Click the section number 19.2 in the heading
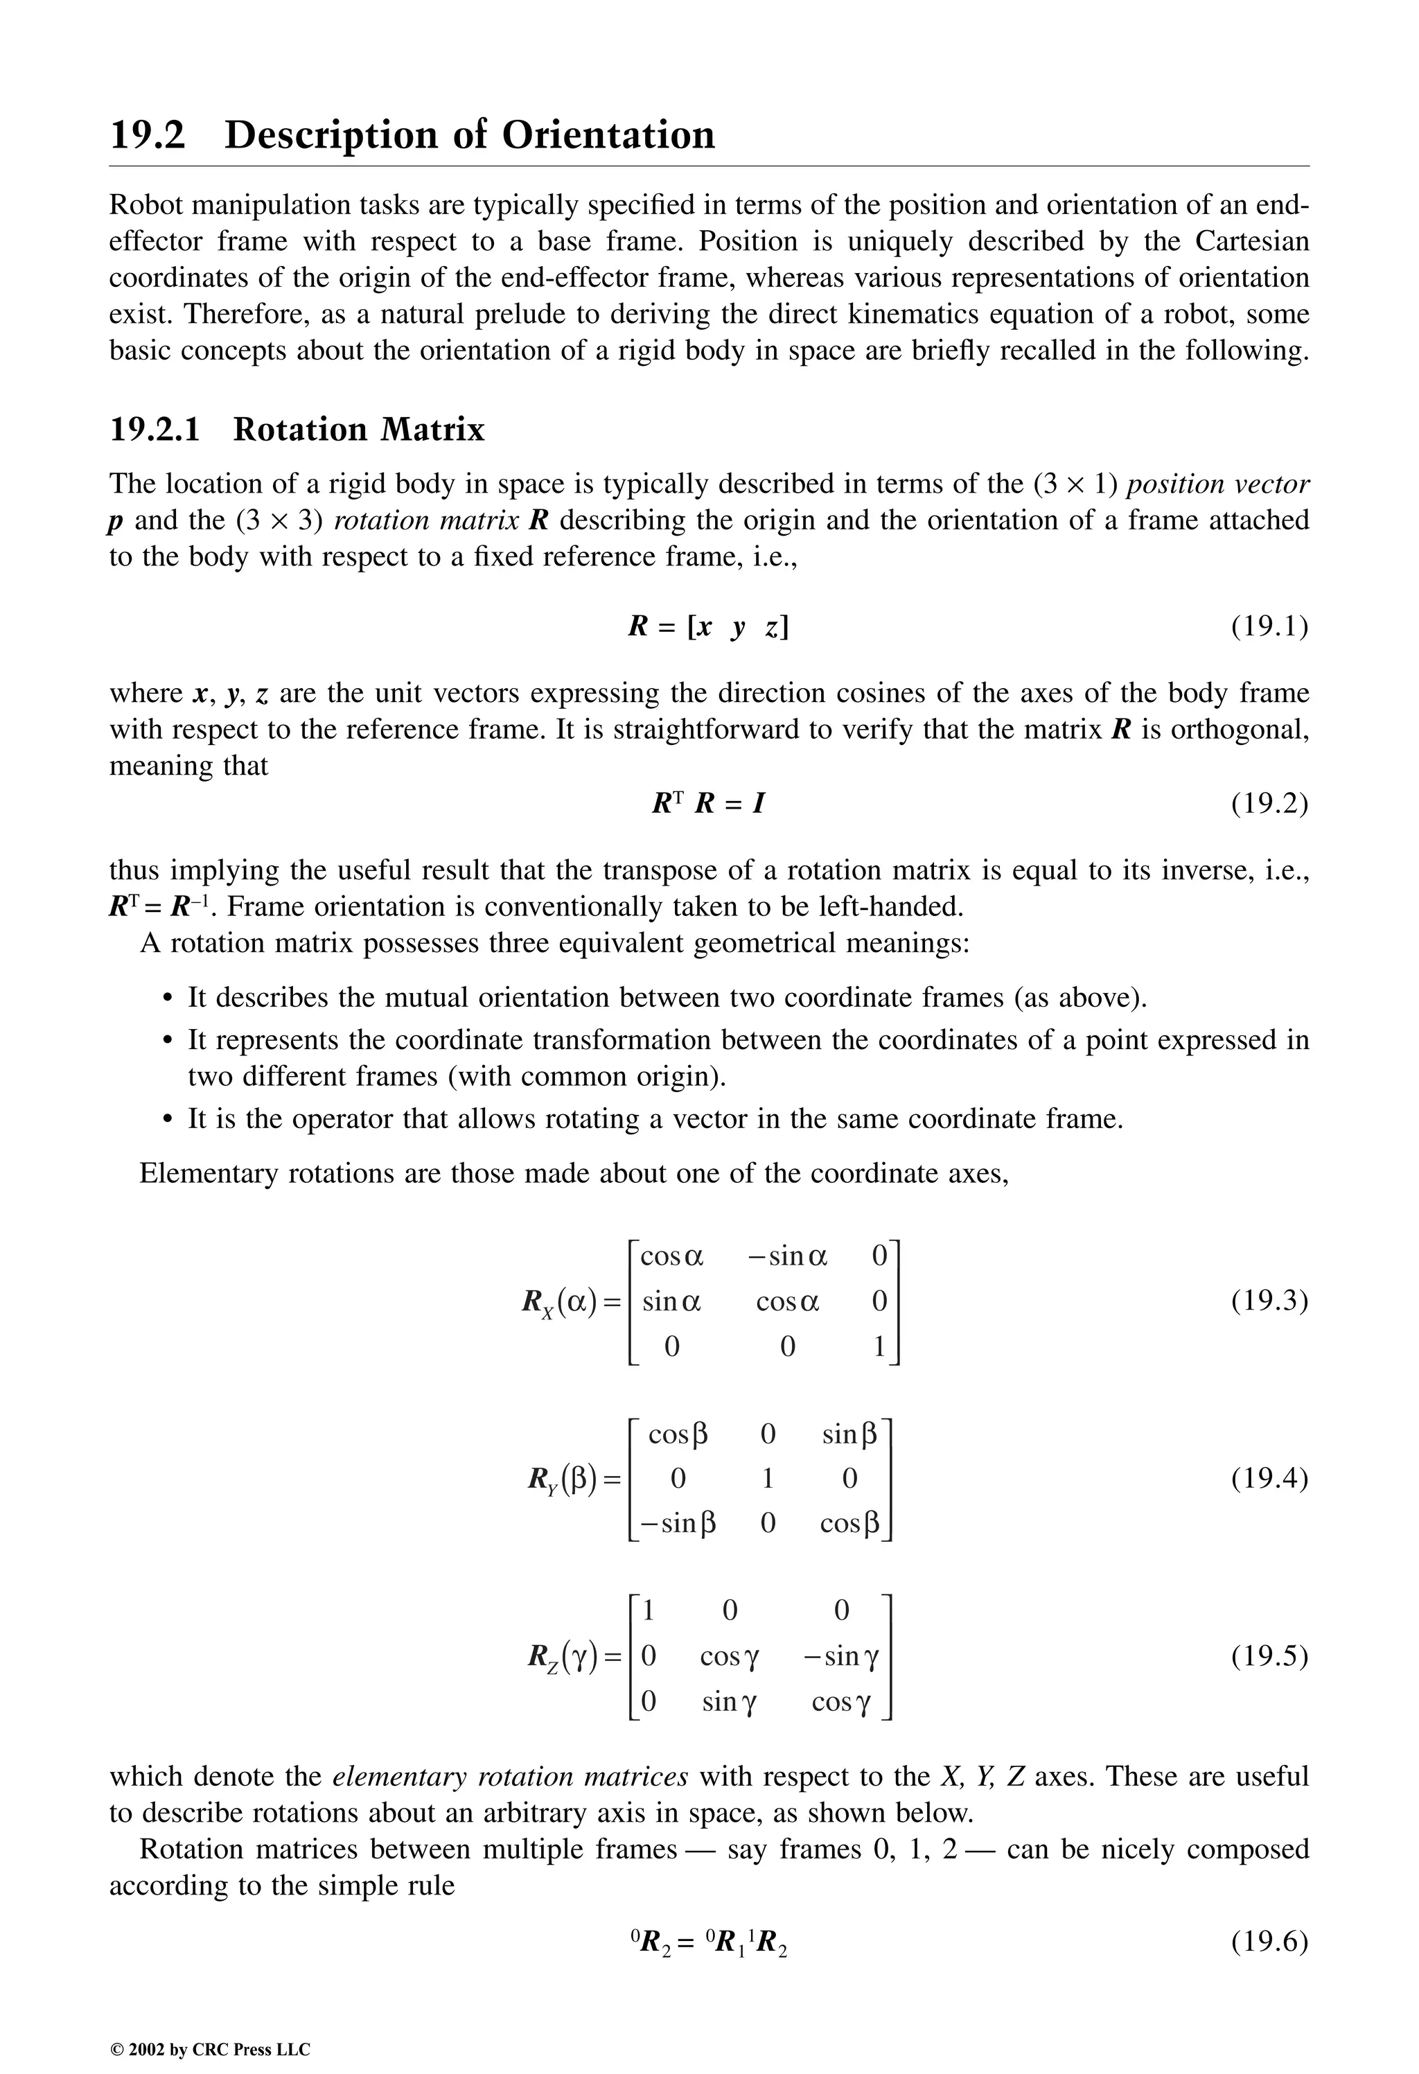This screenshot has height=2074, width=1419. pos(148,136)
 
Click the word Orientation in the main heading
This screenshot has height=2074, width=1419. pos(608,136)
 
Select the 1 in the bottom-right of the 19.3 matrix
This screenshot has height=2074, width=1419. pos(879,1346)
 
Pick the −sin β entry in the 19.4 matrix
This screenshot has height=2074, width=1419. pos(678,1522)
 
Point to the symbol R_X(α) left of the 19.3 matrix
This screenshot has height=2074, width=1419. pos(560,1302)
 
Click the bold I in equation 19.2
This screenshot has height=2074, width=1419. pos(758,804)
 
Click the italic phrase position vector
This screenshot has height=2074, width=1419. pos(1217,484)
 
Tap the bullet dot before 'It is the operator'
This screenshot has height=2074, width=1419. pos(167,1120)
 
